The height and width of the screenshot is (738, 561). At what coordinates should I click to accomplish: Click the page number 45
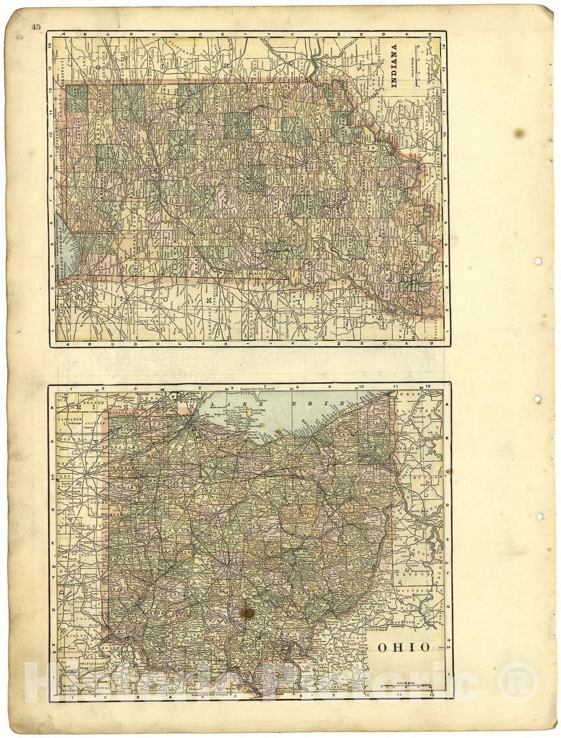tap(36, 27)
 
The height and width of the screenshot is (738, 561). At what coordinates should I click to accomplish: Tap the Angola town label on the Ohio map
tap(87, 427)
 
